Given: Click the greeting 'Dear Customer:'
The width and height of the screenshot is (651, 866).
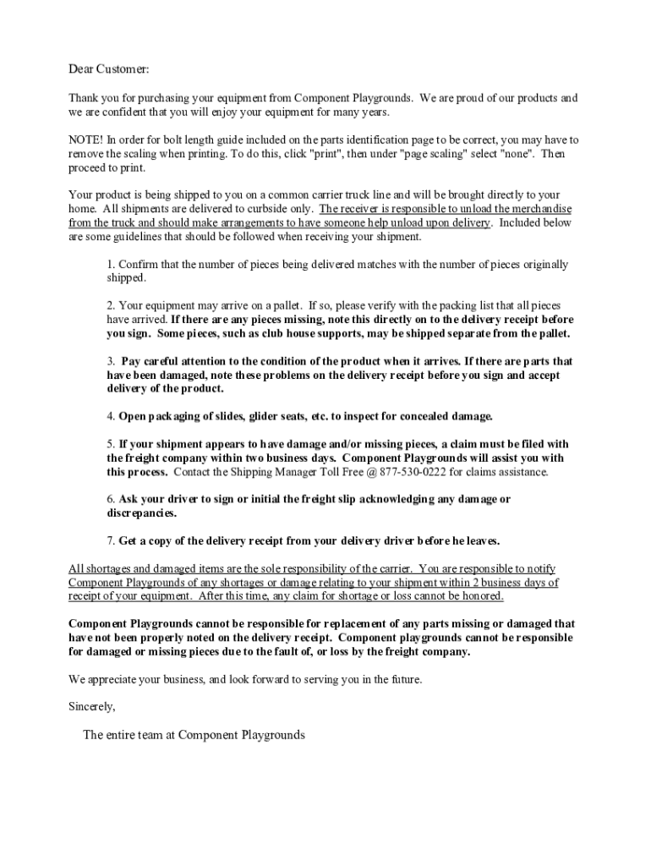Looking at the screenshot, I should [x=108, y=69].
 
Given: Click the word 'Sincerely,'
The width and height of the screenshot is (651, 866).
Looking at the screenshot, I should [x=92, y=706].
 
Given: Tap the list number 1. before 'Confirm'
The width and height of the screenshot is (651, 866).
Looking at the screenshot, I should [x=111, y=265].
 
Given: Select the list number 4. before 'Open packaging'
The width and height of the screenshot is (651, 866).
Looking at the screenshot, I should [x=111, y=416].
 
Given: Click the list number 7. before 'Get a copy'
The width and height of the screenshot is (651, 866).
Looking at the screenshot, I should [x=111, y=540].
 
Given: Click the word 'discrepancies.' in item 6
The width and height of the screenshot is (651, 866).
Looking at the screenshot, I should [x=142, y=513].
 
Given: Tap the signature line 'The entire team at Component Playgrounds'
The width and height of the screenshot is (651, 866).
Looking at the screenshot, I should [x=194, y=735].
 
